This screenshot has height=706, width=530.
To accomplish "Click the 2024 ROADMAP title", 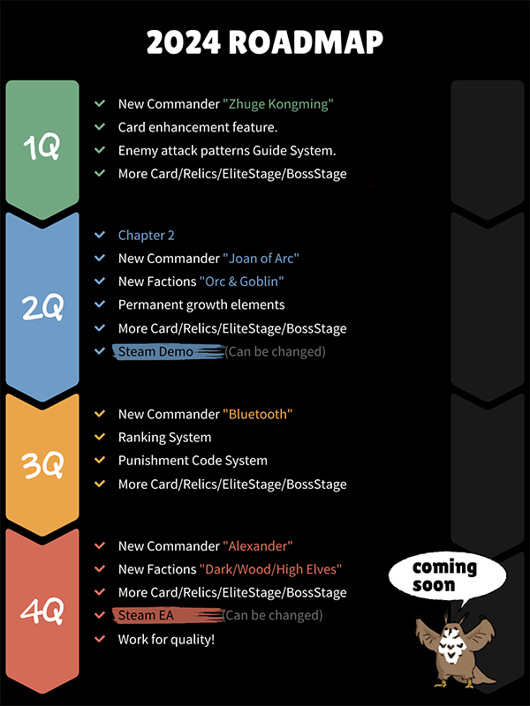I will point(265,41).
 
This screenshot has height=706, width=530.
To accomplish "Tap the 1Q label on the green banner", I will point(42,147).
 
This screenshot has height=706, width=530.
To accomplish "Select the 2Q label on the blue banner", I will point(42,307).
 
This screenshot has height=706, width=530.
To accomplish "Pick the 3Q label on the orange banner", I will point(42,465).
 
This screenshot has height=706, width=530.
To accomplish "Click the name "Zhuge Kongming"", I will point(278,104).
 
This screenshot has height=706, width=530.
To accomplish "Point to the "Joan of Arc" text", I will point(261,259).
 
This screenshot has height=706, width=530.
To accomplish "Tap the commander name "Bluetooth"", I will point(257,414).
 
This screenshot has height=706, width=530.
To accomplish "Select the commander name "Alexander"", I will point(258,546).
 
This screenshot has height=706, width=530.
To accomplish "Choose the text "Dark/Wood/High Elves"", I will point(270,569).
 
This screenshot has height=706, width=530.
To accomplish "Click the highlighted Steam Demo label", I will point(155,352).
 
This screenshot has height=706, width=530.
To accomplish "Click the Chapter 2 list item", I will point(147,236).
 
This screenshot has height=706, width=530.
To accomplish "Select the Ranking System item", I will point(165,438).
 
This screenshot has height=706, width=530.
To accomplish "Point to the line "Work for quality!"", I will point(166,639).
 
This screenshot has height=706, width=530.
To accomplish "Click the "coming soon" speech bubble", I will point(445,575).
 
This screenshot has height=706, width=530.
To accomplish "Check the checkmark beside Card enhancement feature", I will point(100,127).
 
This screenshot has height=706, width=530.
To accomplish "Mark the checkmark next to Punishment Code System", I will point(100,461).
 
